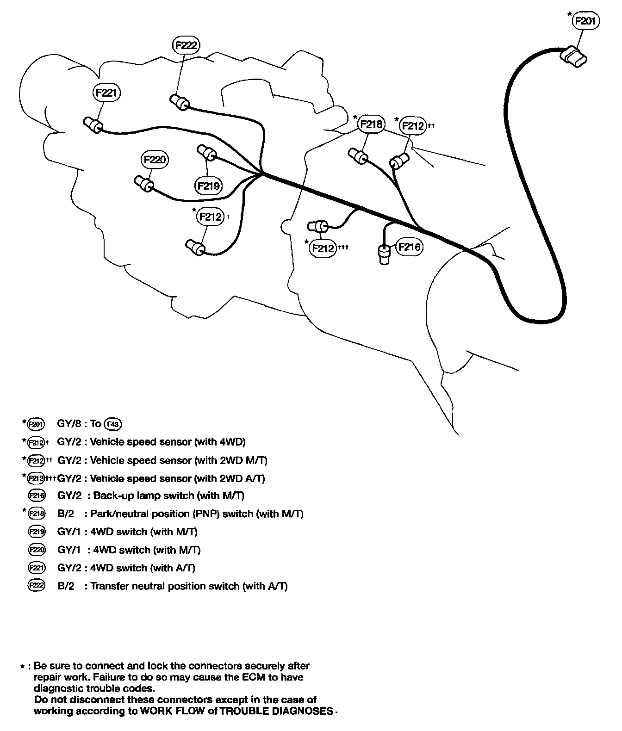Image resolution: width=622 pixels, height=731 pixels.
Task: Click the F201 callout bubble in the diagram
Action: [x=586, y=21]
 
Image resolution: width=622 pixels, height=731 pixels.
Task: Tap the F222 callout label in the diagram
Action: [x=187, y=45]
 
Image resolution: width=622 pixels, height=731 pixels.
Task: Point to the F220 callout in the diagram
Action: [x=155, y=160]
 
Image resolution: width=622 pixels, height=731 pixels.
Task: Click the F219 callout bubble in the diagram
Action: [x=208, y=186]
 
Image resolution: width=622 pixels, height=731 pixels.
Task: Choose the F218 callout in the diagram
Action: [x=372, y=124]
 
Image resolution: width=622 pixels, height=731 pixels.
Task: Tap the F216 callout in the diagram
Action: [x=410, y=247]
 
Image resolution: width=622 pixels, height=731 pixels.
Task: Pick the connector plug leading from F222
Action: [x=179, y=102]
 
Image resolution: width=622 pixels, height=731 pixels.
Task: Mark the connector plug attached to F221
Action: [x=93, y=124]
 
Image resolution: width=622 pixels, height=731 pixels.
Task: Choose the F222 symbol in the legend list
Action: [x=37, y=586]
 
